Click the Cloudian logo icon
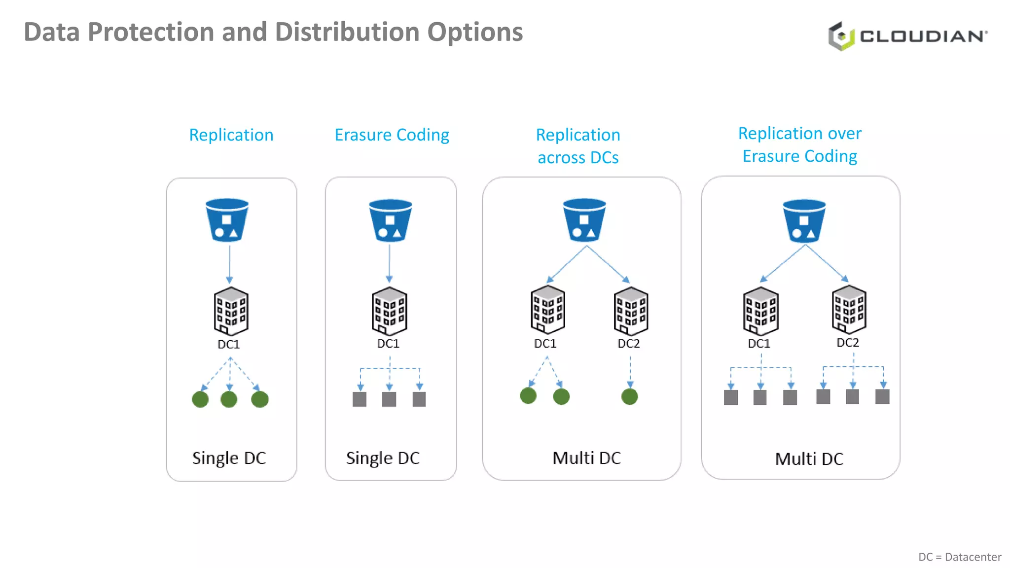pos(841,36)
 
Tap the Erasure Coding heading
pos(392,135)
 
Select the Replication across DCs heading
pos(578,146)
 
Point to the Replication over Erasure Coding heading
pos(799,144)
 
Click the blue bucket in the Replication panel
pos(227,220)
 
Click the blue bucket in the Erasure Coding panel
pos(390,220)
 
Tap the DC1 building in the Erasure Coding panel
pos(389,311)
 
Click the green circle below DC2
pos(630,396)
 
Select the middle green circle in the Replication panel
pos(229,399)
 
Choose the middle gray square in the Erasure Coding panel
pos(389,399)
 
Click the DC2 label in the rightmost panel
pos(848,343)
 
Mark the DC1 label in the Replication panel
pos(229,344)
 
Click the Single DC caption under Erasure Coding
pos(383,458)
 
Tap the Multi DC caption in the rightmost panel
pos(809,459)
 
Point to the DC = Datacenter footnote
pos(959,557)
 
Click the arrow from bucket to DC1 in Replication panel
pos(229,264)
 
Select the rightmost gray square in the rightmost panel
pos(882,396)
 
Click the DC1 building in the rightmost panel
pos(760,311)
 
